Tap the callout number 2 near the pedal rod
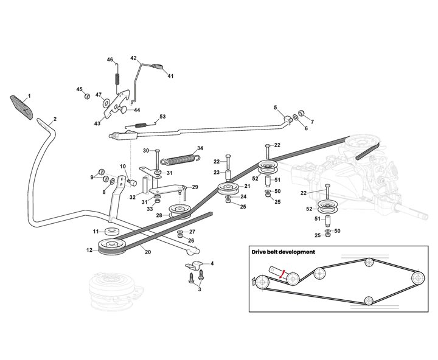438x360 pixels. (55, 119)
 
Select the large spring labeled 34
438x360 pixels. (182, 159)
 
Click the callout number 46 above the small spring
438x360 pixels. (111, 59)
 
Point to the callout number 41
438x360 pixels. (171, 76)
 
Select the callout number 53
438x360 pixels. (162, 116)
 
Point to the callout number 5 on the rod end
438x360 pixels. (276, 108)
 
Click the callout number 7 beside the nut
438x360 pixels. (312, 121)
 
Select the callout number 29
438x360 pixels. (195, 187)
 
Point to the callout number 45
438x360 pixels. (78, 89)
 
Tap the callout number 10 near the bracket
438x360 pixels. (122, 166)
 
